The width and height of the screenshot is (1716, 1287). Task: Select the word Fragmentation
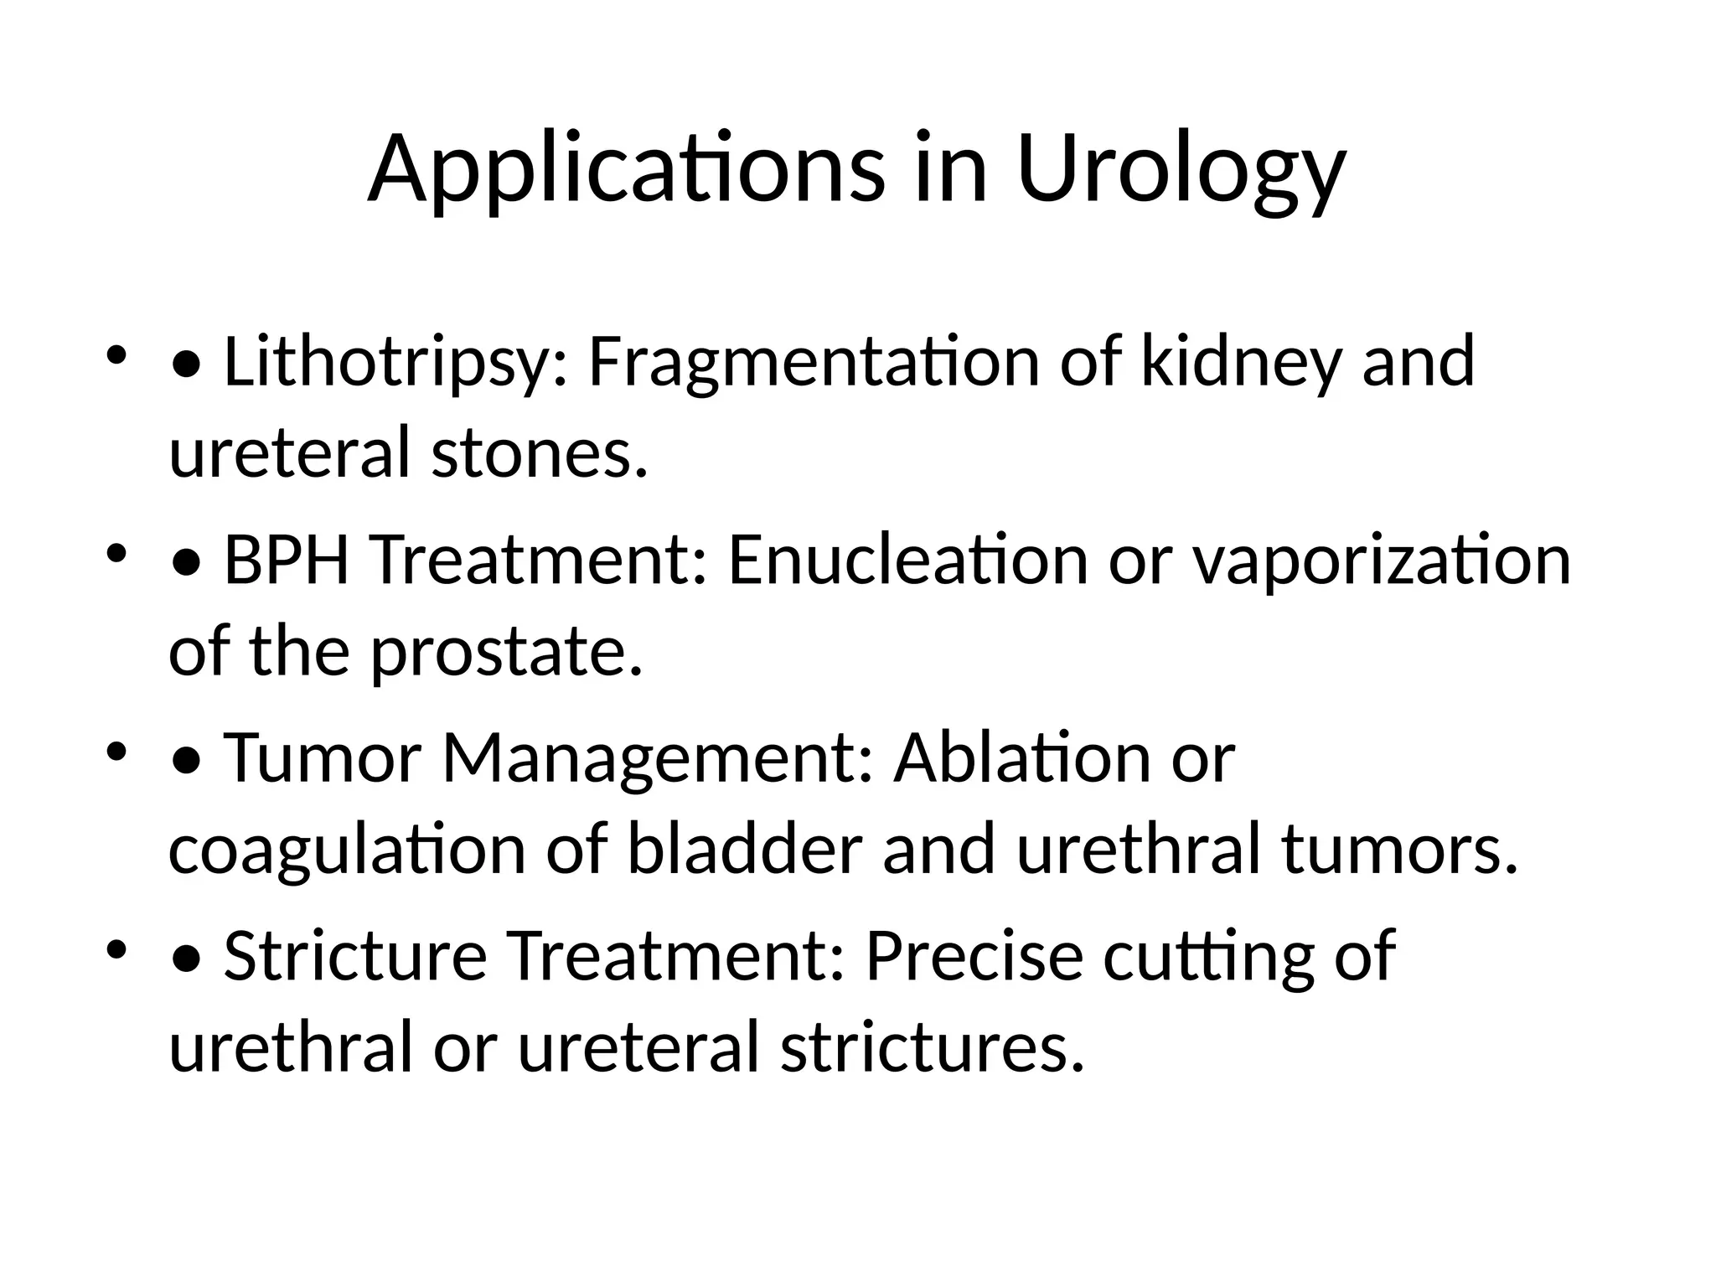pyautogui.click(x=813, y=363)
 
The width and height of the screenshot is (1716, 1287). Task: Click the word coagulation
pyautogui.click(x=347, y=849)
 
